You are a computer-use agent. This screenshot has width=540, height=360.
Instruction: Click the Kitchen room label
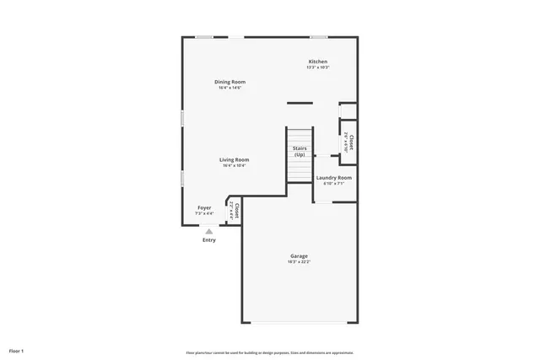[317, 62]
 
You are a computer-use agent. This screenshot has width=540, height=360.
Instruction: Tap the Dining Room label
[229, 82]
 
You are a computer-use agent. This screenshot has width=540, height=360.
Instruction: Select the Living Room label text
[235, 159]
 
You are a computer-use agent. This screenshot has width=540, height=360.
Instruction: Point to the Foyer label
[204, 207]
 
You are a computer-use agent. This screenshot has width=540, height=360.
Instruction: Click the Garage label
[299, 255]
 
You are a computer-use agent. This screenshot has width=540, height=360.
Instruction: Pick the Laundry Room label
[333, 178]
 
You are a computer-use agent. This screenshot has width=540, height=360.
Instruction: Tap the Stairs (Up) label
[300, 152]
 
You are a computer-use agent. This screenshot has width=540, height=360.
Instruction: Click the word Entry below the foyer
[208, 240]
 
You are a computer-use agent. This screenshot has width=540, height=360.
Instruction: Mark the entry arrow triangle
[208, 230]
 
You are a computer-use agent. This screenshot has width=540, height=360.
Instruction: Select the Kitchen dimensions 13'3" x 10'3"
[317, 67]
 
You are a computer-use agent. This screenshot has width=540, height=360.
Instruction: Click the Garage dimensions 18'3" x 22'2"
[299, 261]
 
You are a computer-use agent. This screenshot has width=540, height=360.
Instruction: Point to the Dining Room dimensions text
[229, 88]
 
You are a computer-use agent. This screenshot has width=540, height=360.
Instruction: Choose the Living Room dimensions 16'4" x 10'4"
[235, 165]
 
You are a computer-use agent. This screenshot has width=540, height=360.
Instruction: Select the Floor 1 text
[17, 350]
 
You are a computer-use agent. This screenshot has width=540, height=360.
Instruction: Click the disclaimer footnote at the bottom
[270, 352]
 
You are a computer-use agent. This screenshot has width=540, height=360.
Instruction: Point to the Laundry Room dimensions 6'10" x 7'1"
[333, 184]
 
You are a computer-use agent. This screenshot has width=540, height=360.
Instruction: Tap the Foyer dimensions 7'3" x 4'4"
[204, 213]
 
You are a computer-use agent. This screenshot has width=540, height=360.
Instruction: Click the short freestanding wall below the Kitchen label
[300, 103]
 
